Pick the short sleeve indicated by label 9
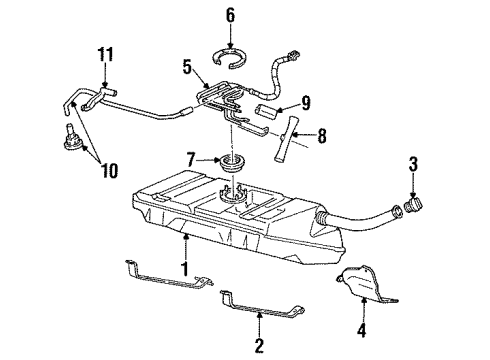273,105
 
